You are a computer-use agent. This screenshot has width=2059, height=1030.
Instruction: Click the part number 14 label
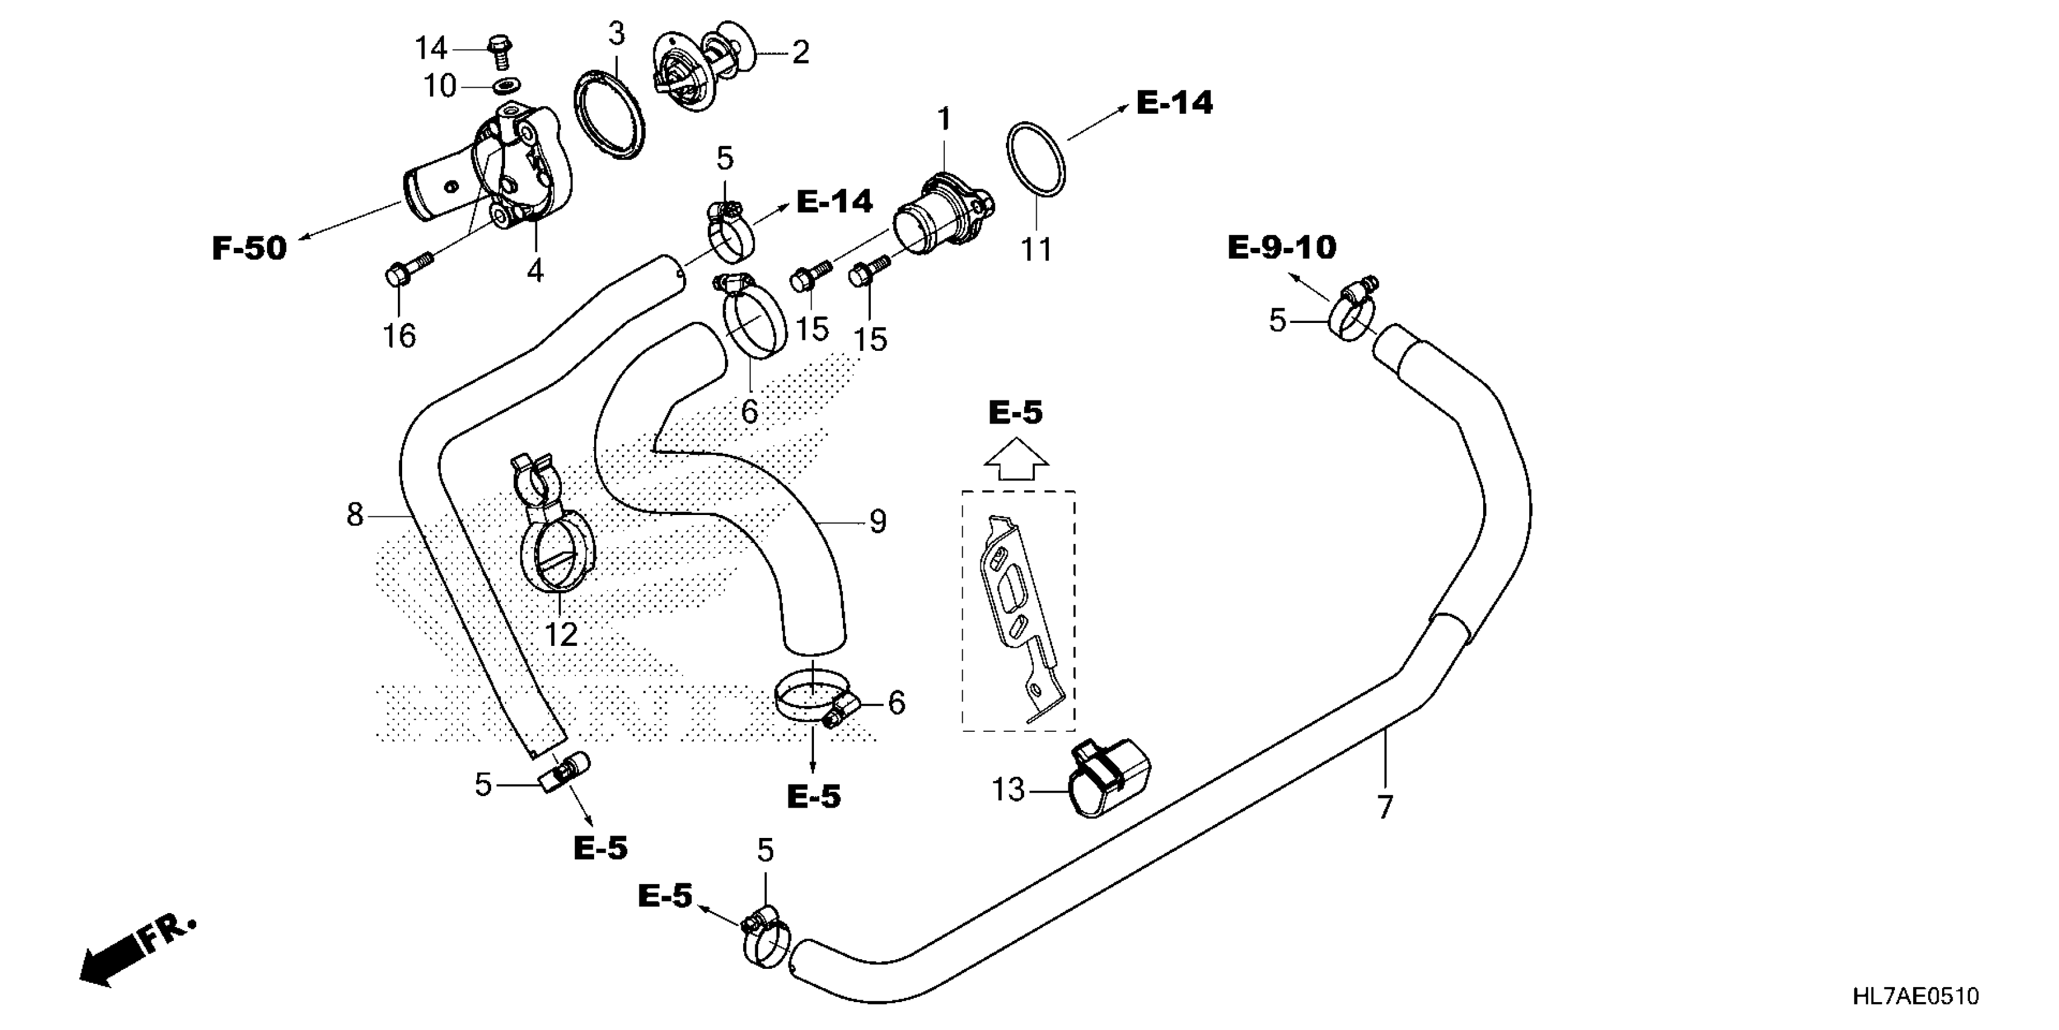click(430, 49)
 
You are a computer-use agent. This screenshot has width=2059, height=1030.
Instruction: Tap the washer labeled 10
click(504, 85)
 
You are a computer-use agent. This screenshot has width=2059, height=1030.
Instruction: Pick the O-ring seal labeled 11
click(1035, 158)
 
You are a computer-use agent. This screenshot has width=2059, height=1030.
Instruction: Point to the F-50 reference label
click(248, 248)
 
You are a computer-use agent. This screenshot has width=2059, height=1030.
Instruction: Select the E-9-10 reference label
click(1281, 247)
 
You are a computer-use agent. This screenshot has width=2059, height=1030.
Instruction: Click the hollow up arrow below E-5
click(1015, 460)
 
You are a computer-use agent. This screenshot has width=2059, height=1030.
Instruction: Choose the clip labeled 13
click(1111, 777)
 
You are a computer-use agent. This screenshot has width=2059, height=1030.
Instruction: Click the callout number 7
click(1385, 806)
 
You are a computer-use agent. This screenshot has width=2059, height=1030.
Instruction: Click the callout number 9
click(877, 522)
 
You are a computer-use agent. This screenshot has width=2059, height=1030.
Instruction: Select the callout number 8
click(355, 514)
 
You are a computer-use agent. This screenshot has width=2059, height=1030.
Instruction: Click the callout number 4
click(535, 270)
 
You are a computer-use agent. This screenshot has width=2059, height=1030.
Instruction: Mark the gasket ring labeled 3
click(610, 115)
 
